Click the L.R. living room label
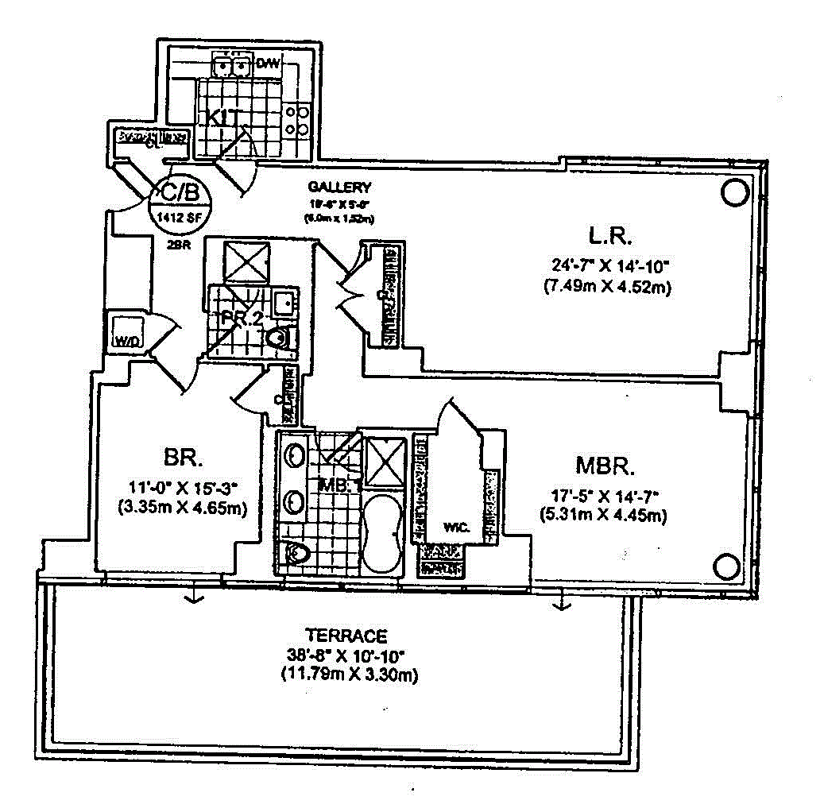tap(610, 237)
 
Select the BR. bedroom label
tap(184, 458)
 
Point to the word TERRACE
tap(346, 636)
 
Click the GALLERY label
tap(339, 188)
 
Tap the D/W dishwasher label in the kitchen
tap(268, 64)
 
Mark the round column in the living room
tap(734, 192)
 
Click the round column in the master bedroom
tap(728, 566)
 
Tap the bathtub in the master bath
tap(383, 534)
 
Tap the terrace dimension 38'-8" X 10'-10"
tap(346, 656)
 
